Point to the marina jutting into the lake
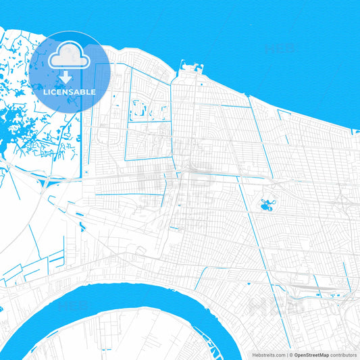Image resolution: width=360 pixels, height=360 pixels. [190, 68]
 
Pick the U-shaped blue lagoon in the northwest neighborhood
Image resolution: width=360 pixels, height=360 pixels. [140, 108]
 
